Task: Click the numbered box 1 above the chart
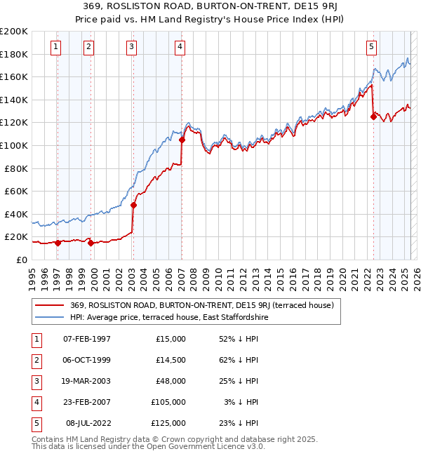[55, 47]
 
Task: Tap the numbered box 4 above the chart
[180, 47]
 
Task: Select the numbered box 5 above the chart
[371, 47]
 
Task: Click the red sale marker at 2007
[182, 140]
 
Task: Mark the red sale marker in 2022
[373, 117]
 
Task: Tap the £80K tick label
[15, 168]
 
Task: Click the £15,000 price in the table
[171, 339]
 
